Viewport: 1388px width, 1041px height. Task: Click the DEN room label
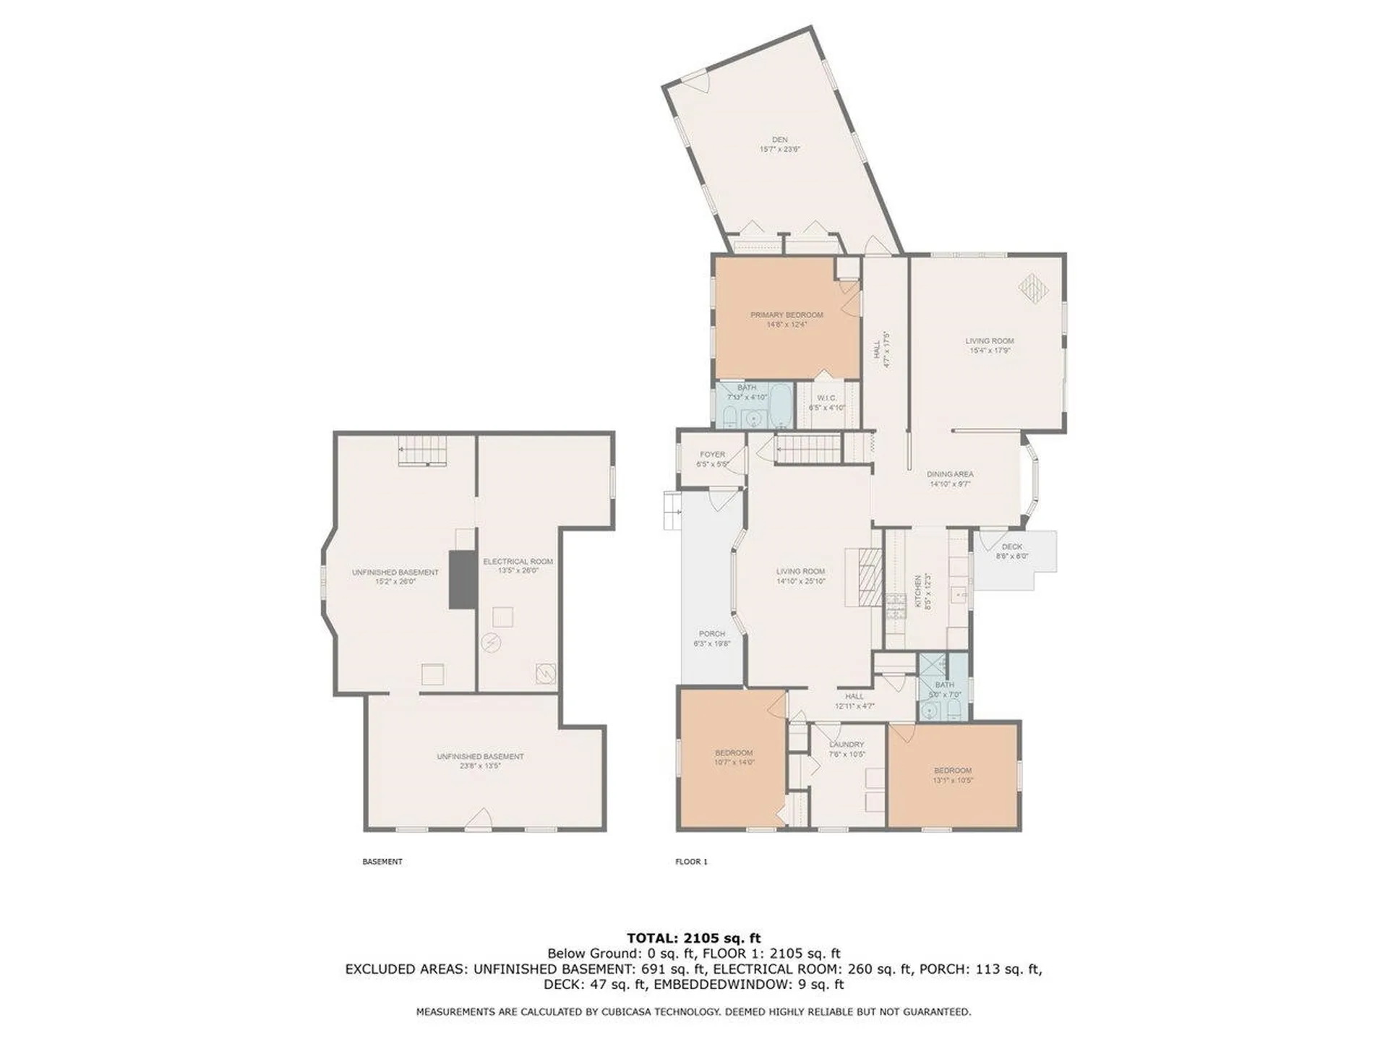779,140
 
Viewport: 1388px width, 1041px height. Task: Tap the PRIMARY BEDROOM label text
787,315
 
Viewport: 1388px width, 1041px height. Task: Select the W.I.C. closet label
826,398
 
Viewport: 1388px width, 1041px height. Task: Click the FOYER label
712,455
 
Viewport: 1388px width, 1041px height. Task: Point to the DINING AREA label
950,474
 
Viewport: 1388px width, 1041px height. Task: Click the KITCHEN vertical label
919,591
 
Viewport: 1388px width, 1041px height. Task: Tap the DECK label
1012,547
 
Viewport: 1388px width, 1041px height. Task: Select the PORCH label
711,634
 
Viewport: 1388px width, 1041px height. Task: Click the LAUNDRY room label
847,745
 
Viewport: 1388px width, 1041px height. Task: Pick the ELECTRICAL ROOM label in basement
518,562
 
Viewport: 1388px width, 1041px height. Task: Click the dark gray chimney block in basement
463,579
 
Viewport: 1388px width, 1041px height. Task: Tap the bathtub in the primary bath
781,407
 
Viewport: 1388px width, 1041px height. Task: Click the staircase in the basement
423,451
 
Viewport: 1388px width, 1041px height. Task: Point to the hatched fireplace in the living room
870,576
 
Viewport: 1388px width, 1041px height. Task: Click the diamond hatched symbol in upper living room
1033,288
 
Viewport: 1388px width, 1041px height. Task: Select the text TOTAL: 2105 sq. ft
693,938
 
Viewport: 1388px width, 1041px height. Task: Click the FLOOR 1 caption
691,862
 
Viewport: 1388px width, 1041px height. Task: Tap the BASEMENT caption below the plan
382,862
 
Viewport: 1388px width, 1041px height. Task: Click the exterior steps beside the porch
672,510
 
